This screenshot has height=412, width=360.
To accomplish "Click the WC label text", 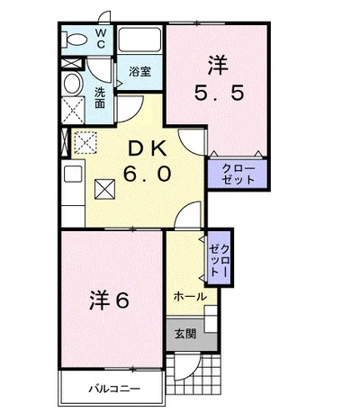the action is tap(101, 38).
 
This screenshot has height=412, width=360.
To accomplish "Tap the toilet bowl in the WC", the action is tap(74, 40).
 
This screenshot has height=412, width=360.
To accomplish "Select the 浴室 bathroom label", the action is tap(139, 72).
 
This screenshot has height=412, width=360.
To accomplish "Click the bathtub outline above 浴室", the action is tap(139, 40).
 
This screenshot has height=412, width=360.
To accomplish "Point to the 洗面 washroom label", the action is tap(100, 98).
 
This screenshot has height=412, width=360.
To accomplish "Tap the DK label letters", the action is tap(147, 148).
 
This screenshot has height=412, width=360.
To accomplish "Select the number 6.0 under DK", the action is tap(147, 174).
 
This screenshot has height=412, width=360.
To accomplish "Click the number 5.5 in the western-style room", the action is tap(219, 93).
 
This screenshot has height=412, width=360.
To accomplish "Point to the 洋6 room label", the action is tap(110, 300).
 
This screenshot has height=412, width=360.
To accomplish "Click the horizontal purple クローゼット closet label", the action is tap(238, 175).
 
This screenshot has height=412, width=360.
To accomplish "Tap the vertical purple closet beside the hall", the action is tap(220, 257).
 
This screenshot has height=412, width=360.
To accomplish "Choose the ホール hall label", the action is tap(190, 297).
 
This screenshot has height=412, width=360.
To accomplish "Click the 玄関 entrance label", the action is tap(185, 334).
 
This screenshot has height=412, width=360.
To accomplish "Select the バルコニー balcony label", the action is tap(114, 390).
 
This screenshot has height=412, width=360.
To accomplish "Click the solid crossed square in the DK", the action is tap(104, 189).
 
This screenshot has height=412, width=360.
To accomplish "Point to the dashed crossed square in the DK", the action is tap(85, 143).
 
